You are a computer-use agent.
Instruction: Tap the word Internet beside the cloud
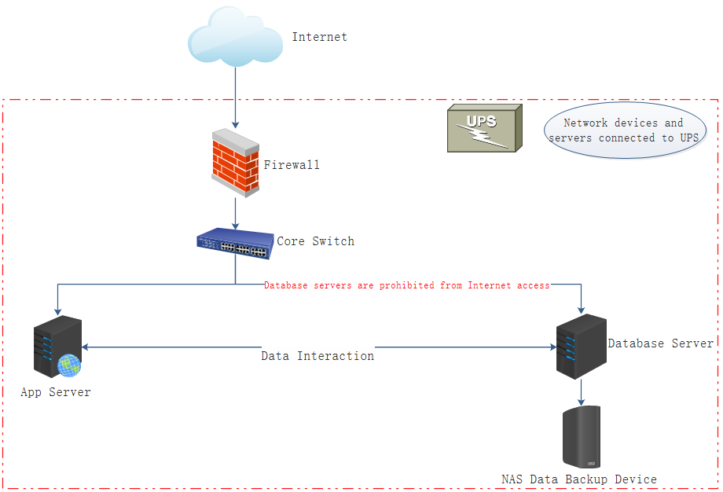tap(319, 37)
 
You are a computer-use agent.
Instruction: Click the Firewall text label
tap(292, 165)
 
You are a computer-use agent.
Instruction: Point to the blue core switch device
tap(235, 243)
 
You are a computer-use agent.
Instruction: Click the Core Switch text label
tap(315, 241)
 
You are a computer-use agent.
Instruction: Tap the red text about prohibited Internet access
tap(406, 285)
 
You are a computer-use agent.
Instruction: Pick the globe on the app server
tap(69, 365)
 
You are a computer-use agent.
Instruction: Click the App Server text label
tap(56, 392)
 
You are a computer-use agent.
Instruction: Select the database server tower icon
tap(581, 346)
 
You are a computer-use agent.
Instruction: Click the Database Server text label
tap(660, 343)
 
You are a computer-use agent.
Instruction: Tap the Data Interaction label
tap(317, 356)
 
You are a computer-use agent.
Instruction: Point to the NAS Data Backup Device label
tap(578, 479)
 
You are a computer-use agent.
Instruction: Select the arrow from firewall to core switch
tap(235, 212)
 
